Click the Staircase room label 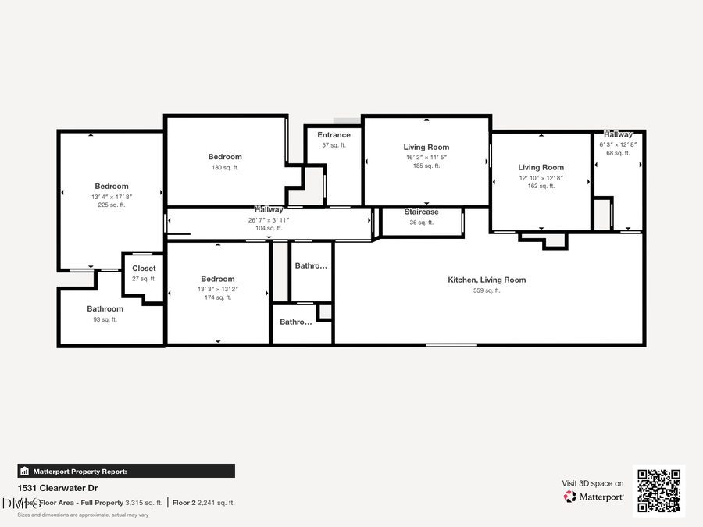point(421,212)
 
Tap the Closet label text point(144,269)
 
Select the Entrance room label point(334,135)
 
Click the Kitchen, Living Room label point(487,280)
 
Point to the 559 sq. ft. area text point(487,290)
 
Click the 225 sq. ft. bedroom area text point(112,205)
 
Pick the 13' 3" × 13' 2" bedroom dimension point(217,289)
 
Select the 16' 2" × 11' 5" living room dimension point(426,157)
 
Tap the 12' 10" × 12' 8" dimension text point(541,178)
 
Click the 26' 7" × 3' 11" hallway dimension point(269,219)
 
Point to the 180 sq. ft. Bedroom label point(225,157)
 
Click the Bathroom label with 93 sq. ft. point(105,309)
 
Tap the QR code point(658,491)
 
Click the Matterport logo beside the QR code point(594,497)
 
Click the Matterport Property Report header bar point(126,471)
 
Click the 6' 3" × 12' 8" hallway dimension point(618,144)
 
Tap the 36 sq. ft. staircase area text point(421,223)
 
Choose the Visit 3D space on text point(593,483)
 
